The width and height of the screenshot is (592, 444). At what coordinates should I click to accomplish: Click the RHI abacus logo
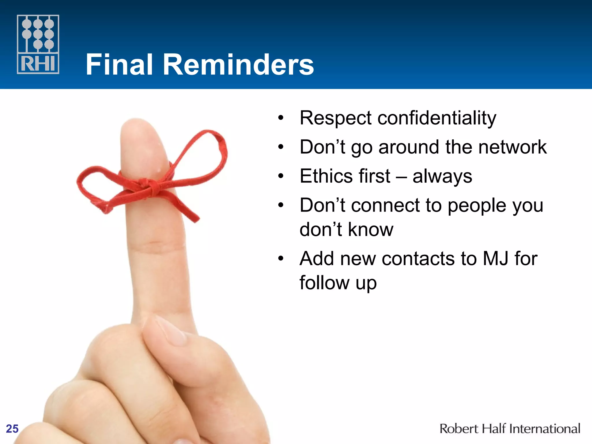(x=38, y=44)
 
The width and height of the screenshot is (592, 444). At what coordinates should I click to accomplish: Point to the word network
(x=512, y=147)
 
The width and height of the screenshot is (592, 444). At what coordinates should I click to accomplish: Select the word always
(x=442, y=177)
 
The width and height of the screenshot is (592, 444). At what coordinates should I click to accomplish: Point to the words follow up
(x=338, y=283)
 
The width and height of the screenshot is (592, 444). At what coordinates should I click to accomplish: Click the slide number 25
(x=12, y=429)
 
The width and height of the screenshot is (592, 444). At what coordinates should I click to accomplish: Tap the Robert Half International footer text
(x=510, y=429)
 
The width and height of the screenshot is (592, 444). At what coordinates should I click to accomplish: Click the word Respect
(x=336, y=118)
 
